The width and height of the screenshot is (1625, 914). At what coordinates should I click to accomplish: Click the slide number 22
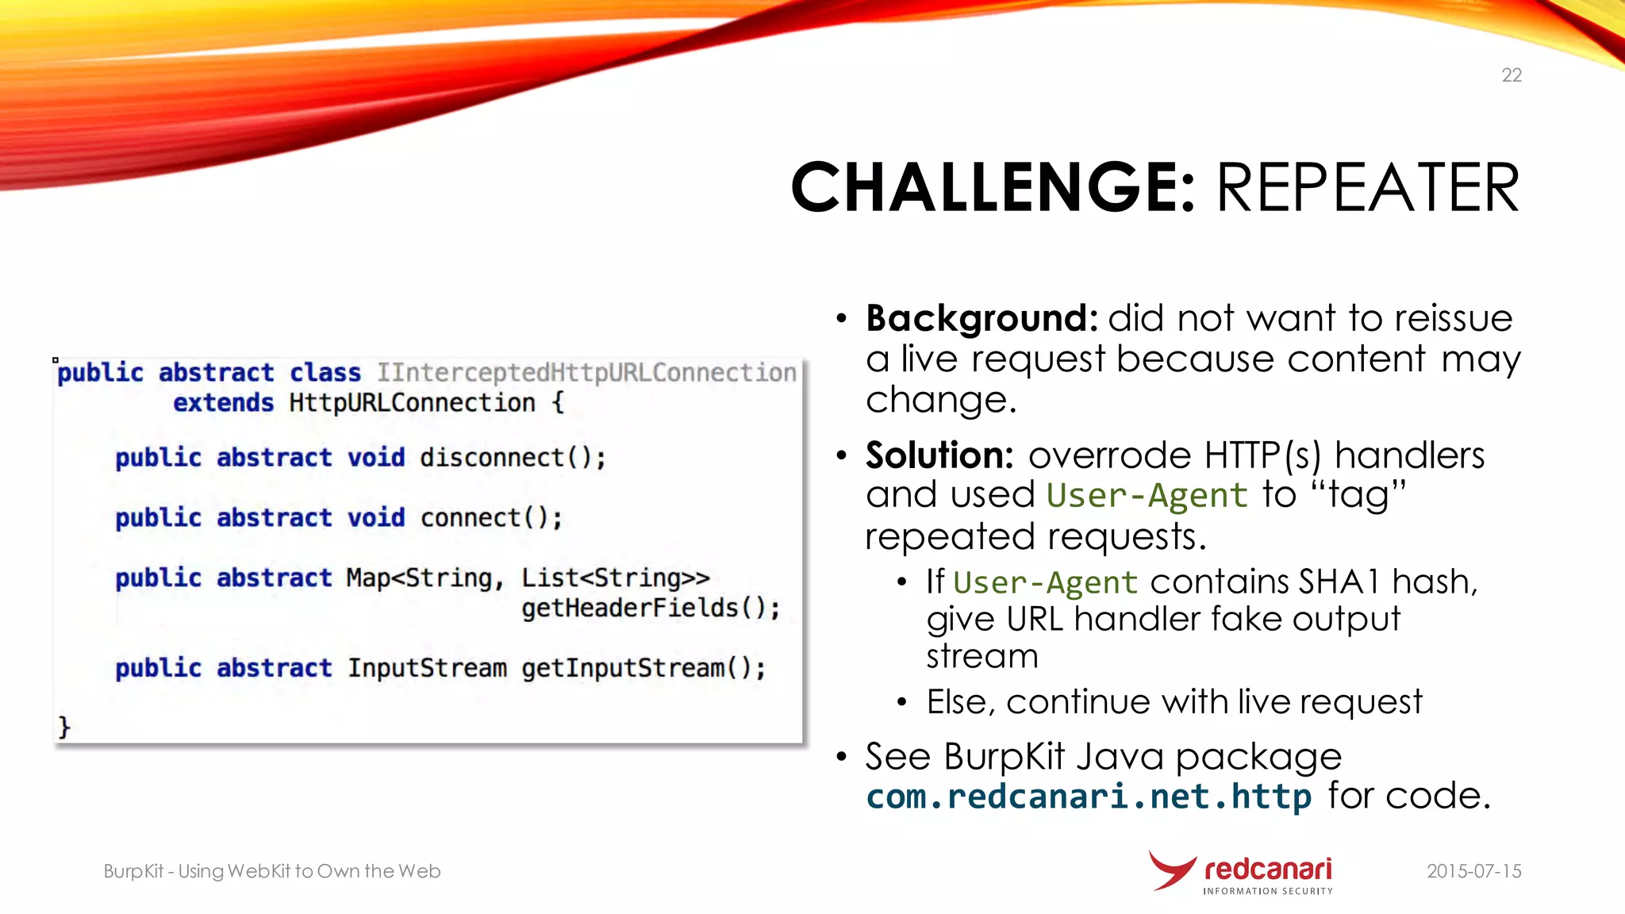coord(1511,75)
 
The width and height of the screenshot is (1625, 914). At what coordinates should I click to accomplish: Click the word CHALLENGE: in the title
coord(992,188)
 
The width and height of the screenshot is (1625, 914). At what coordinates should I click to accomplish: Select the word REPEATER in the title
coord(1367,188)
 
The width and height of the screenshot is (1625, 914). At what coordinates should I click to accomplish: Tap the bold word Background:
coord(982,318)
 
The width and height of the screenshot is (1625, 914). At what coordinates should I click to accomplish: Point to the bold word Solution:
coord(939,455)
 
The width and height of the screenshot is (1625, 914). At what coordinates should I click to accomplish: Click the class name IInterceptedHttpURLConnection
coord(586,373)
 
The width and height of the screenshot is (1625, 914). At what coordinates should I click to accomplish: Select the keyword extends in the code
coord(223,403)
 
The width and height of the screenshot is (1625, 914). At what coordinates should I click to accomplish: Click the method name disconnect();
coord(513,458)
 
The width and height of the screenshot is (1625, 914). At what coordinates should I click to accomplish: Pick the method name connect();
coord(491,518)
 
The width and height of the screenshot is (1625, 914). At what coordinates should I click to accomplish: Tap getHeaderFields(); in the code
coord(650,609)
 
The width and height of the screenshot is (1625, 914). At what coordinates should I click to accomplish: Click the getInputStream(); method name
coord(643,669)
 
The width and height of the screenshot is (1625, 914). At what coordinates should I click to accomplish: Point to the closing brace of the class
coord(64,727)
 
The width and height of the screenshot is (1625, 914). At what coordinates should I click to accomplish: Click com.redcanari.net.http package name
coord(1088,797)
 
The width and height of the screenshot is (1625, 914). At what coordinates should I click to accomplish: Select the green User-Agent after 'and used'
coord(1147,496)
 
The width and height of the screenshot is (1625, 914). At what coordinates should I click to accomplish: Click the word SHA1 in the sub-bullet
coord(1340,582)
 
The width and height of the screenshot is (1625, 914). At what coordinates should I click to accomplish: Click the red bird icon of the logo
coord(1171,870)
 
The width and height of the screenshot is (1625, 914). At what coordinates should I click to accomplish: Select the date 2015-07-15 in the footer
coord(1473,871)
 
